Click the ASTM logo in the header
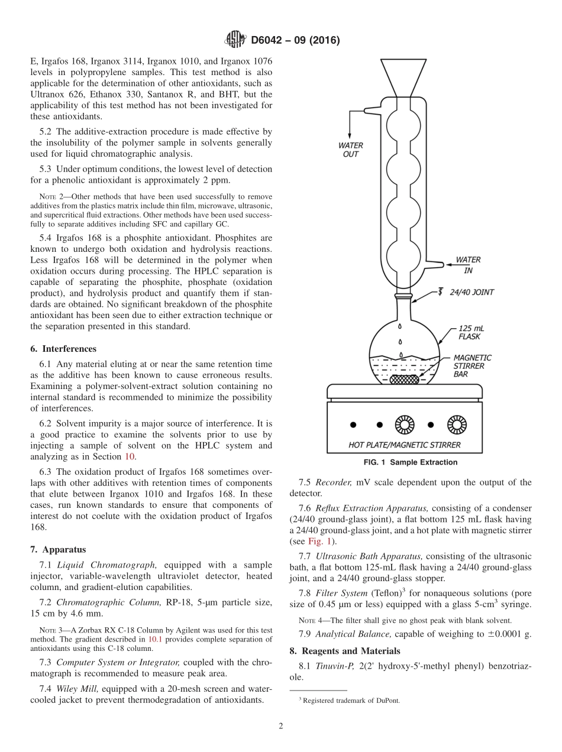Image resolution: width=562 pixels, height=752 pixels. click(236, 40)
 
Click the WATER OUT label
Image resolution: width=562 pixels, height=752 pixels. click(350, 150)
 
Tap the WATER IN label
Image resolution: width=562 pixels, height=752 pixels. click(468, 264)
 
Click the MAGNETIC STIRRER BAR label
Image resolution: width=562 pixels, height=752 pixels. click(472, 365)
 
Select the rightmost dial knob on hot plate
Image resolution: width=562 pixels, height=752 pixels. click(457, 424)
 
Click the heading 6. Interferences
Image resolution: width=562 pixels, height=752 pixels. click(69, 349)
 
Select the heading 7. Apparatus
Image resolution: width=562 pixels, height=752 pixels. click(64, 549)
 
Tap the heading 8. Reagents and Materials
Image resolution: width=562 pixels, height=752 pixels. click(344, 651)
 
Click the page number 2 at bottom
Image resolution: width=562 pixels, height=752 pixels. click(281, 726)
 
